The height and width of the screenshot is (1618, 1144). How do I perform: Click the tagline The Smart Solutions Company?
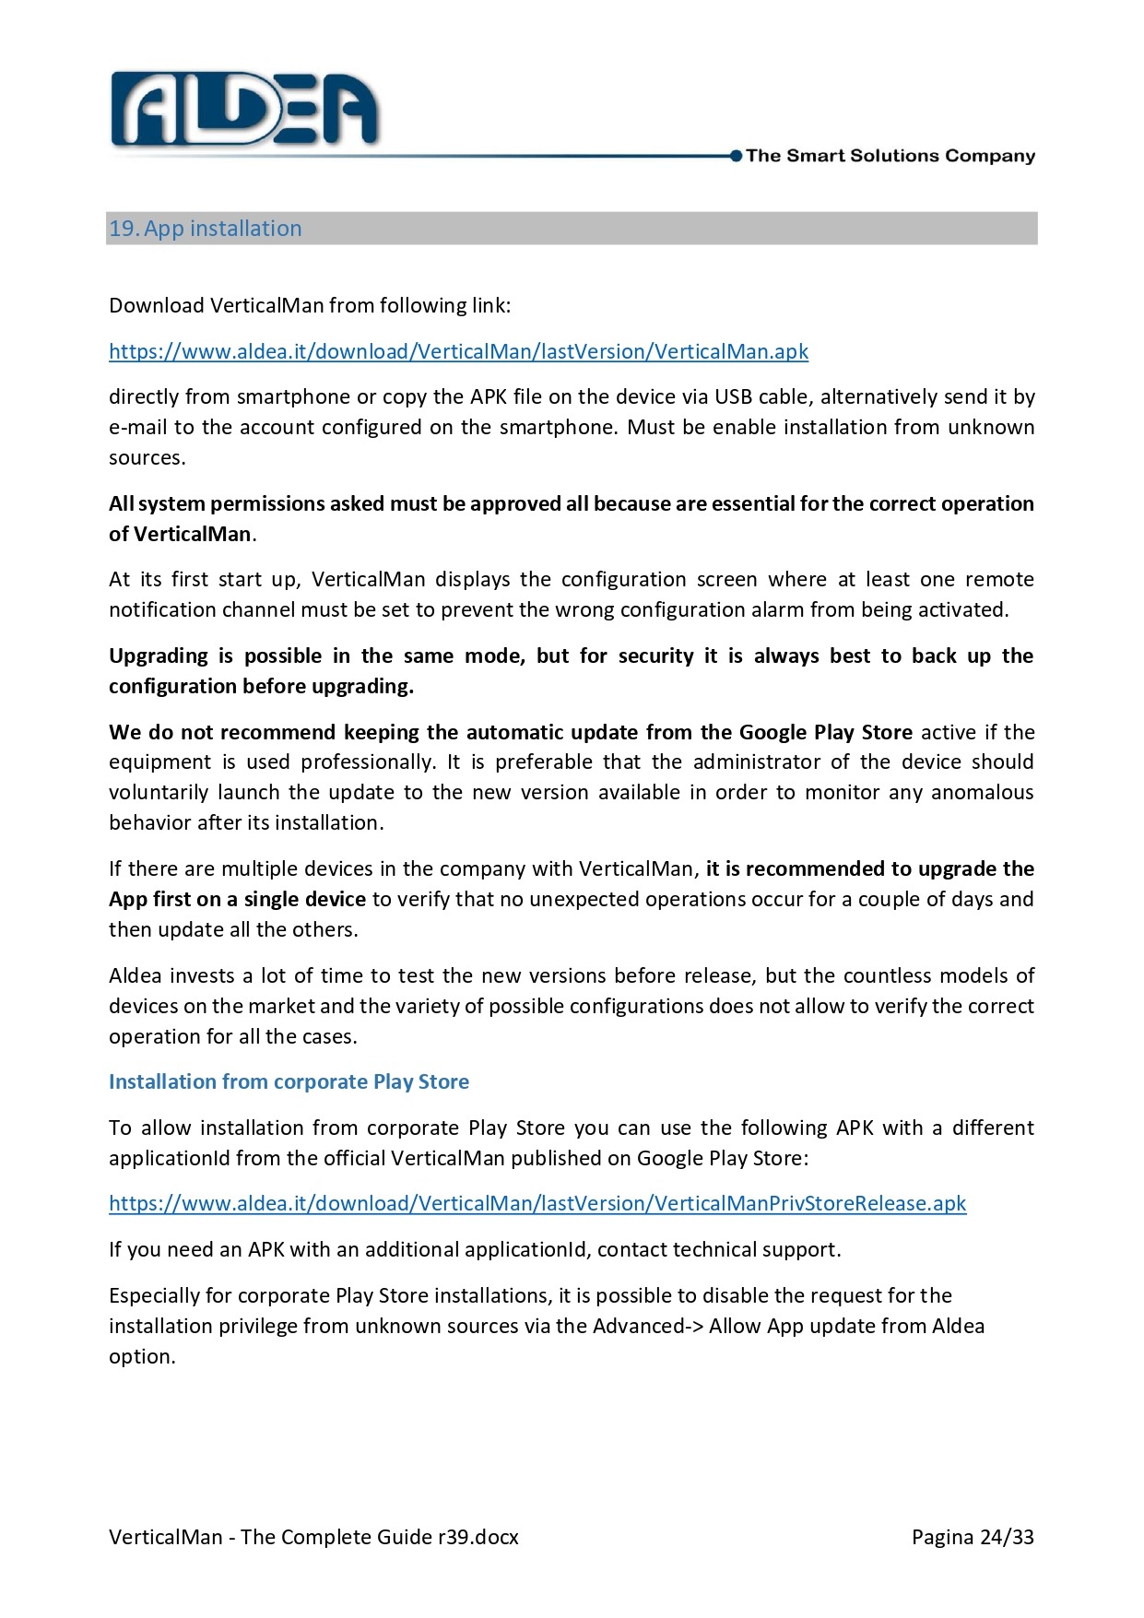click(890, 156)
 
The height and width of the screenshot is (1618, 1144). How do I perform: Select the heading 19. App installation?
click(206, 229)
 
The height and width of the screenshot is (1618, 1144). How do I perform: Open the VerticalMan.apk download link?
click(458, 351)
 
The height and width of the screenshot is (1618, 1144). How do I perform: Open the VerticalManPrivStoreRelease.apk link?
click(537, 1203)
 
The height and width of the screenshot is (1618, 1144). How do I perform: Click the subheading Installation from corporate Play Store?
click(289, 1081)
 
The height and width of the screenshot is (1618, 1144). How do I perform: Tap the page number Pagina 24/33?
click(973, 1537)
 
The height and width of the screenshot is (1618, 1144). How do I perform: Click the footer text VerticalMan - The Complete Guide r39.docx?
click(313, 1537)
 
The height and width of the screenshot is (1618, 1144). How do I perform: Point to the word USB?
click(734, 396)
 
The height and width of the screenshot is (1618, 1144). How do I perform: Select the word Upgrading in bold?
click(159, 655)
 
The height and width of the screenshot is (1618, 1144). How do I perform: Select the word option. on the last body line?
click(142, 1356)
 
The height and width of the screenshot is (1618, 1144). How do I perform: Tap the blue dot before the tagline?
click(736, 156)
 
